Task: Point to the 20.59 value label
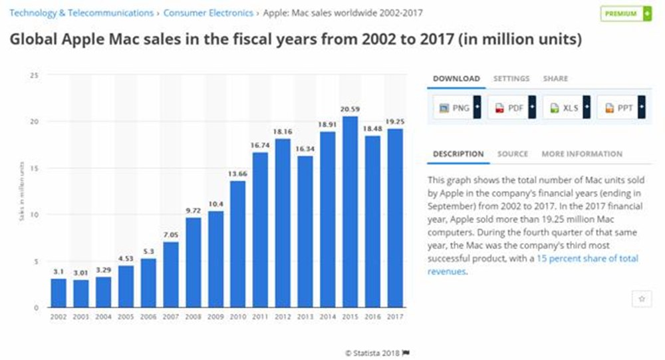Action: (350, 109)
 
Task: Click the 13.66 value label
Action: (237, 174)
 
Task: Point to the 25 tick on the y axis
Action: (34, 76)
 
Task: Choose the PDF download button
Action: (511, 108)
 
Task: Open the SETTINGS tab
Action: (511, 79)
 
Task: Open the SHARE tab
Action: (555, 79)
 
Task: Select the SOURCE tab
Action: (513, 154)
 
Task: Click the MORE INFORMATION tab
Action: (582, 154)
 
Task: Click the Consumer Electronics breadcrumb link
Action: (207, 13)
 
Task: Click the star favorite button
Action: (642, 299)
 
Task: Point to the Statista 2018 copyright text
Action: (374, 352)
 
